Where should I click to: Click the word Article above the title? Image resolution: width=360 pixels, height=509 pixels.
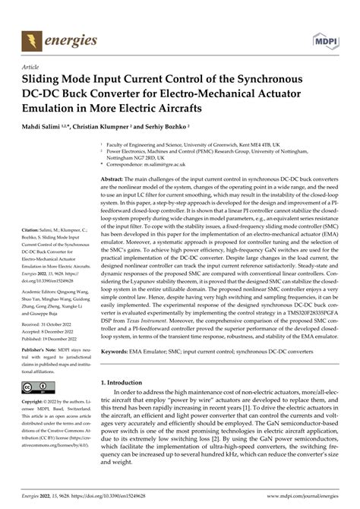pyautogui.click(x=33, y=66)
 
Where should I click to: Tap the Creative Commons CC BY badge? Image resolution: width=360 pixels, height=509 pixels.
pyautogui.click(x=38, y=388)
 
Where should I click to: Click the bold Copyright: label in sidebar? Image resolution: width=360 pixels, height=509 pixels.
pyautogui.click(x=35, y=401)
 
